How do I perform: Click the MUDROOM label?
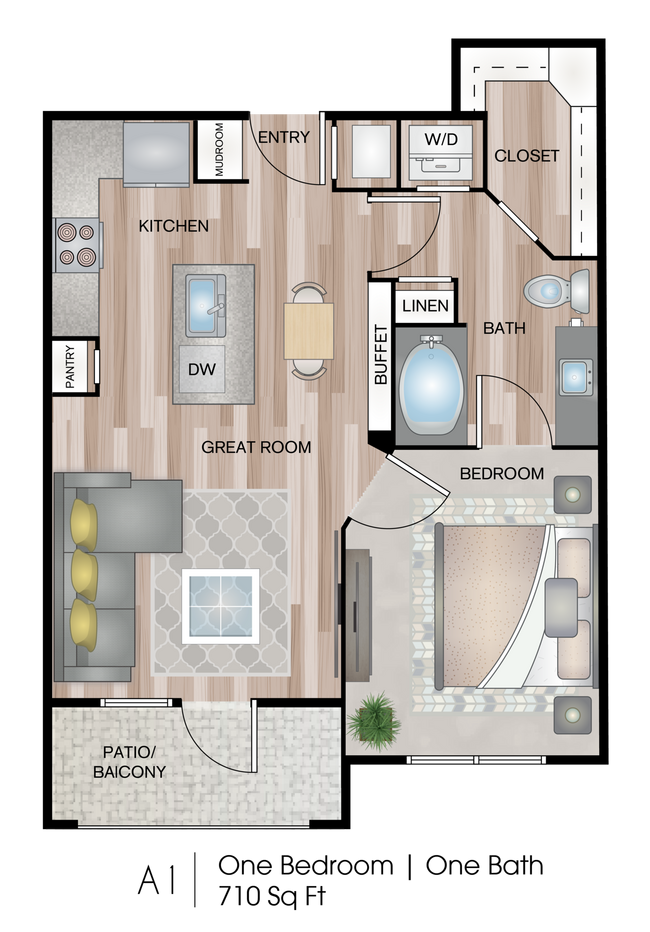[x=219, y=149]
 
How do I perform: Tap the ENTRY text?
[x=283, y=137]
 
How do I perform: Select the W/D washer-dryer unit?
[x=441, y=152]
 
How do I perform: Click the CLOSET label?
[x=526, y=156]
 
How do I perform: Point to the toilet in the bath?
[x=557, y=291]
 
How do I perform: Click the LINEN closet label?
[x=425, y=306]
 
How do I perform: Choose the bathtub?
[x=431, y=385]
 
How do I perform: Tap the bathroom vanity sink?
[x=575, y=377]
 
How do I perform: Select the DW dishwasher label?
[x=201, y=369]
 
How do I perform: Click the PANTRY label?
[x=70, y=367]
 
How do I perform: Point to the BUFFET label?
[x=380, y=354]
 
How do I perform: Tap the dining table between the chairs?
[x=308, y=331]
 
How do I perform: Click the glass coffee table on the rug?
[x=220, y=606]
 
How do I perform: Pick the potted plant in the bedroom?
[x=373, y=720]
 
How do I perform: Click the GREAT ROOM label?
[x=256, y=447]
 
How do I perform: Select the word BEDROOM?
[x=501, y=473]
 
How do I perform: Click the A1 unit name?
[x=156, y=880]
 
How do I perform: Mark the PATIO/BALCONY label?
[x=129, y=762]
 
